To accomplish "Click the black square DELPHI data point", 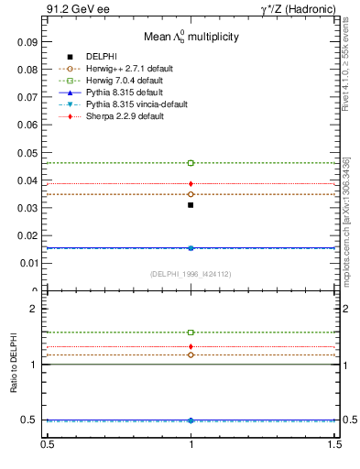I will [191, 205].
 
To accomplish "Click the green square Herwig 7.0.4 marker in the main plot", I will [191, 163].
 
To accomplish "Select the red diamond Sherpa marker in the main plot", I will [191, 184].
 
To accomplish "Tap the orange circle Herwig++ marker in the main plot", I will [191, 194].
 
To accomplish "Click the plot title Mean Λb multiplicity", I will [190, 38].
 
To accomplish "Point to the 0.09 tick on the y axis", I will [27, 42].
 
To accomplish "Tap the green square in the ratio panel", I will [191, 333].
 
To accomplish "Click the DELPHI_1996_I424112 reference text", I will [190, 273].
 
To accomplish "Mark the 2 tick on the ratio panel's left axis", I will [34, 310].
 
